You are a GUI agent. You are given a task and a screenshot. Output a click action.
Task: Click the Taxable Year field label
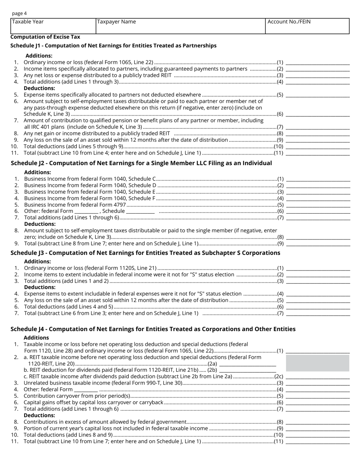coord(28,22)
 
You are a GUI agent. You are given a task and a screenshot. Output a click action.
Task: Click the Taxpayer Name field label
coord(116,22)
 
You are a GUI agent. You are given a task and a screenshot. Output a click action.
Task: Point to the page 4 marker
coord(19,13)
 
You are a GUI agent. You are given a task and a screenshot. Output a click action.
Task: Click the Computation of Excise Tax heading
coord(45,37)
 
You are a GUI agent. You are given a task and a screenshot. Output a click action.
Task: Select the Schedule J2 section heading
coord(141,163)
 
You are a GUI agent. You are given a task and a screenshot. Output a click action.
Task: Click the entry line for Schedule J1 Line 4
coord(318,82)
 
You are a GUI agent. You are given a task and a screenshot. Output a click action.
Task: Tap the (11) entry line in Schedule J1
coord(318,153)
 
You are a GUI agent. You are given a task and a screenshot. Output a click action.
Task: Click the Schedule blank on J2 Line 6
coord(140,211)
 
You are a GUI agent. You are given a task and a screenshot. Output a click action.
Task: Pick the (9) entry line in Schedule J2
coord(318,244)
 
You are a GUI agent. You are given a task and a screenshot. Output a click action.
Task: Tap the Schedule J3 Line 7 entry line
coord(318,313)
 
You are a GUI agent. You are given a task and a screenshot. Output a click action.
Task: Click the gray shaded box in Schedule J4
coord(318,363)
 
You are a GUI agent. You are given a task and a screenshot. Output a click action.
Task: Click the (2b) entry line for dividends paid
coord(247,370)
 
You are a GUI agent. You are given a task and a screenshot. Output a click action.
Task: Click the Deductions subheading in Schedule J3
coord(40,287)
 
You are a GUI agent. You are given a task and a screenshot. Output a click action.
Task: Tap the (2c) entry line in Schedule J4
coord(318,377)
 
